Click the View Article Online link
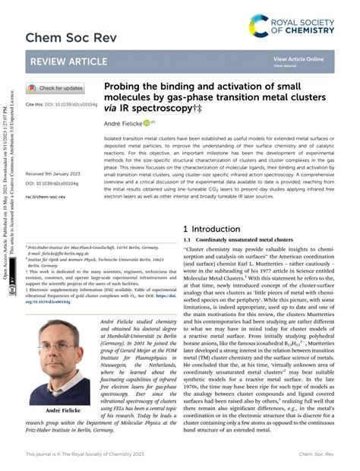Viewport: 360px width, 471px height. click(x=298, y=58)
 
